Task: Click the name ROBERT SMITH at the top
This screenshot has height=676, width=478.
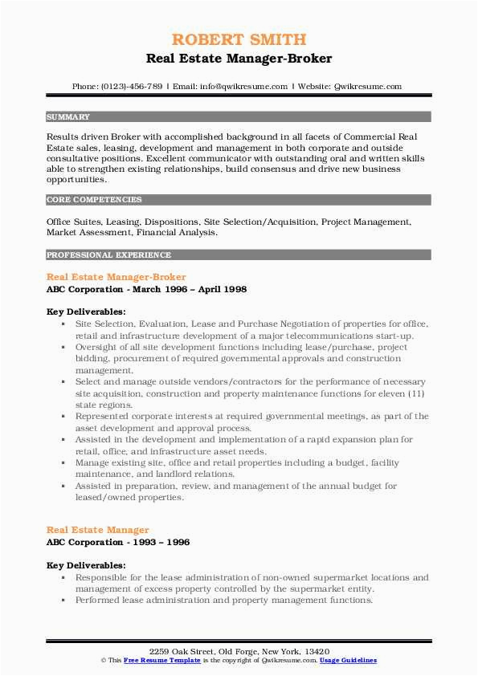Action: (x=239, y=39)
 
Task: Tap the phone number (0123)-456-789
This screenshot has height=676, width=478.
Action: (x=133, y=86)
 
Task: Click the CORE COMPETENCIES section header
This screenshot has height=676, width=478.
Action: (x=94, y=199)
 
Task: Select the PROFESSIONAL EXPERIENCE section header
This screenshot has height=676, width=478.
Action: (x=108, y=255)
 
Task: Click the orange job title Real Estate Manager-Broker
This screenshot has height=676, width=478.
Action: (x=116, y=276)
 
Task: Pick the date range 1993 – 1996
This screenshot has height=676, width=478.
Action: (x=161, y=543)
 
